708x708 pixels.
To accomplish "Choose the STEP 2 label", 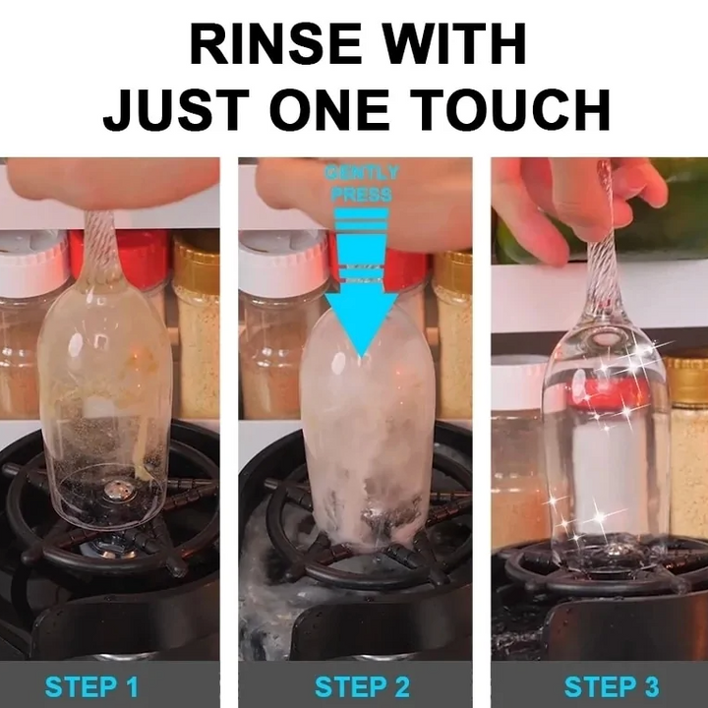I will pyautogui.click(x=362, y=685).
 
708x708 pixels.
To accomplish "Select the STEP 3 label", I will pyautogui.click(x=611, y=685).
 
